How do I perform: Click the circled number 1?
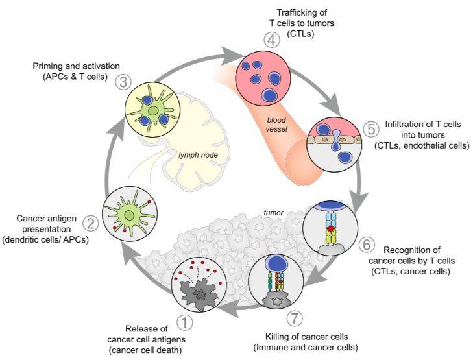(185, 322)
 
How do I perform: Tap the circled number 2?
(90, 224)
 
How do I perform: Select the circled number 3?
(123, 82)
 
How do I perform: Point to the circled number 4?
(271, 40)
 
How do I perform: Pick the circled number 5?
(371, 129)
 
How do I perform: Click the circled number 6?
(367, 245)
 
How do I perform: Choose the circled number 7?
(295, 318)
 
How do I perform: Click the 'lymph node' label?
(198, 155)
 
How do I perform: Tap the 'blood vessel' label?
(277, 125)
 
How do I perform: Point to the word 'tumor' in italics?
(274, 213)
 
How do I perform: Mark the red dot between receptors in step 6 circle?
(331, 229)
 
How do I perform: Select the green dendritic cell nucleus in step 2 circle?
(129, 215)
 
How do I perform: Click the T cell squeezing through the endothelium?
(335, 140)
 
